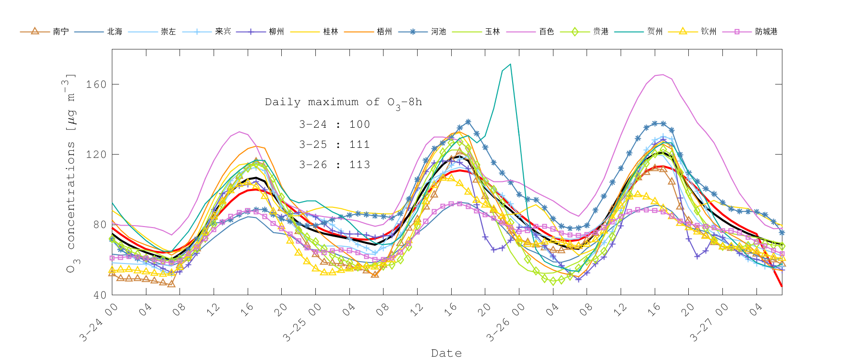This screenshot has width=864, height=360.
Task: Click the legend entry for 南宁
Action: pyautogui.click(x=60, y=32)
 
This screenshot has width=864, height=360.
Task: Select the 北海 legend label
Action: pyautogui.click(x=114, y=32)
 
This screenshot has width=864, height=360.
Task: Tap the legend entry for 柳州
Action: pyautogui.click(x=276, y=32)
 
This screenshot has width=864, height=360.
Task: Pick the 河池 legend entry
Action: pyautogui.click(x=438, y=32)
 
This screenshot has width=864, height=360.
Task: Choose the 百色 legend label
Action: pyautogui.click(x=546, y=32)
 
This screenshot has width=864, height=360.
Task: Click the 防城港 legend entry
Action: pyautogui.click(x=766, y=32)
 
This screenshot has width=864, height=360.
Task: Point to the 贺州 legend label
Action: pyautogui.click(x=655, y=32)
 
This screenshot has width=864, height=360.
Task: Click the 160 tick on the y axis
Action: pyautogui.click(x=96, y=84)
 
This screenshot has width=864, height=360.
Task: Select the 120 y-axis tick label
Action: pyautogui.click(x=96, y=155)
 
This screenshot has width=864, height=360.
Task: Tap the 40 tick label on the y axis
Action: pyautogui.click(x=99, y=295)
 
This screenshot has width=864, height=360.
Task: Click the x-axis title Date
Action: pyautogui.click(x=446, y=353)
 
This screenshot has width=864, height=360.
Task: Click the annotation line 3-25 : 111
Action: pyautogui.click(x=334, y=144)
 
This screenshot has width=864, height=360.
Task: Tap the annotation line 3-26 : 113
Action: pyautogui.click(x=334, y=165)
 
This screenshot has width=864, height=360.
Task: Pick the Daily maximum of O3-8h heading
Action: pyautogui.click(x=343, y=102)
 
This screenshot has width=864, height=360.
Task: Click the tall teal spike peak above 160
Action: pyautogui.click(x=510, y=64)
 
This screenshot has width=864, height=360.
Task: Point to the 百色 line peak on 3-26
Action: pyautogui.click(x=663, y=75)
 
